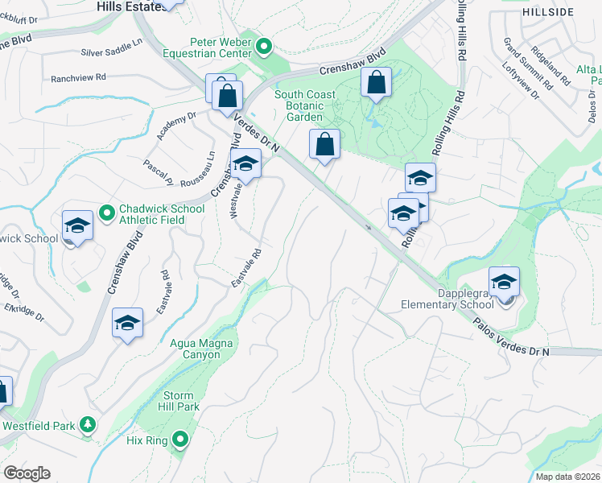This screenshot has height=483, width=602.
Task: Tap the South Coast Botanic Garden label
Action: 305,105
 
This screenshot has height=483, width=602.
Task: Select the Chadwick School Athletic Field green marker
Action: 106,213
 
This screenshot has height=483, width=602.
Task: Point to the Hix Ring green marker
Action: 181,440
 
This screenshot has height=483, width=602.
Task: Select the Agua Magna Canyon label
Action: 200,349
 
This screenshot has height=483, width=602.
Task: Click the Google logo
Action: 27,473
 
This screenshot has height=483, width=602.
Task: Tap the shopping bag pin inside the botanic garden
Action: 376,83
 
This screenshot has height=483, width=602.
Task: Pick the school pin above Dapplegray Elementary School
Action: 504,283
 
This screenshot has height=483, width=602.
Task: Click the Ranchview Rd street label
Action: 78,78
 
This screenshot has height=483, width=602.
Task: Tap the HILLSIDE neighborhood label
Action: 548,12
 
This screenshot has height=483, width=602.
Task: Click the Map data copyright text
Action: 568,477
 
